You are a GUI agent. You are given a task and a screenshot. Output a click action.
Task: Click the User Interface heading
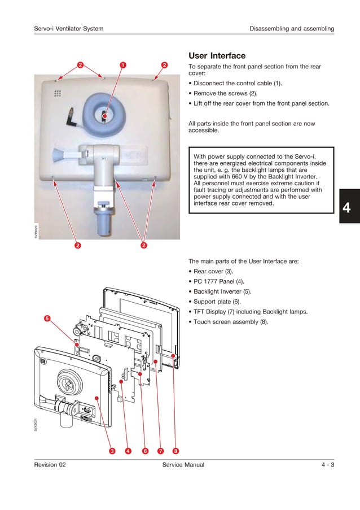tap(217, 56)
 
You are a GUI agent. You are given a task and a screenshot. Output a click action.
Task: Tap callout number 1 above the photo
tap(122, 65)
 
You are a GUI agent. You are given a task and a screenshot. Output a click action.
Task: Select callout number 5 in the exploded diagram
tap(47, 319)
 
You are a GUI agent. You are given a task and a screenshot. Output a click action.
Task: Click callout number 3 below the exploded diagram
tap(112, 451)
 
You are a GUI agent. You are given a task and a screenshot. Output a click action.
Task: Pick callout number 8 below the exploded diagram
tap(176, 451)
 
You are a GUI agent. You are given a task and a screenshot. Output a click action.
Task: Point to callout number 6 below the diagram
tap(145, 451)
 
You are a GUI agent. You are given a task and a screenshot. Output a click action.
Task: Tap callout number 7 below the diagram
tap(161, 451)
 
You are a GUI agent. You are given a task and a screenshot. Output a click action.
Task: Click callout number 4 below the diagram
tap(128, 451)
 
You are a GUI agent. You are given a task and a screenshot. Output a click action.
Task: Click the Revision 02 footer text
tap(50, 465)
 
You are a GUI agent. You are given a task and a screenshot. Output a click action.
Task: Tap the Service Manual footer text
tap(183, 465)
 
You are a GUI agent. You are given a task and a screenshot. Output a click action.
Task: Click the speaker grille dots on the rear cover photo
tap(58, 93)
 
